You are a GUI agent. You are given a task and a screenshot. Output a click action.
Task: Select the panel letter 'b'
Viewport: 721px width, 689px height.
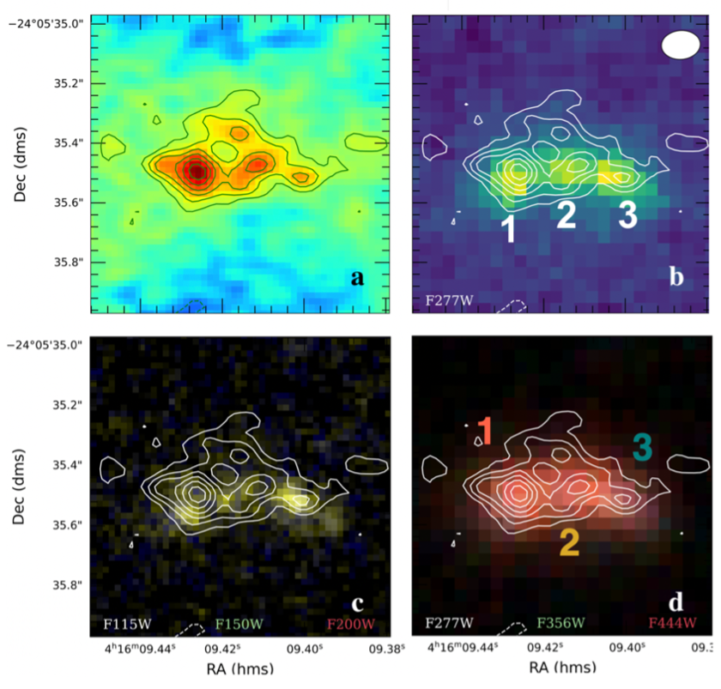[676, 278]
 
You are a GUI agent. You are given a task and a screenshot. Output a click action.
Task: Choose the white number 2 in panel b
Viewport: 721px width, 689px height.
[566, 215]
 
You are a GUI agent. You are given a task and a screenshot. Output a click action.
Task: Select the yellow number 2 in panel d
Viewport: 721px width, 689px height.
[568, 543]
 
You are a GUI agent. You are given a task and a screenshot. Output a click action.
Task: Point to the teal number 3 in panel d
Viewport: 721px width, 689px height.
[642, 446]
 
